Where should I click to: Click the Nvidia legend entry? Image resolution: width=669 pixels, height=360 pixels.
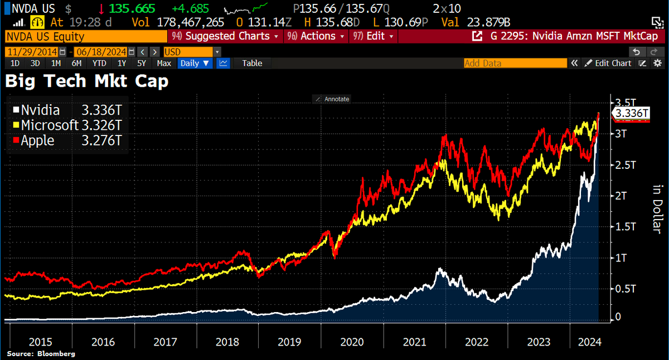coord(39,110)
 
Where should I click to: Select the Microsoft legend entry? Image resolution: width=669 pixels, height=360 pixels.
coord(50,125)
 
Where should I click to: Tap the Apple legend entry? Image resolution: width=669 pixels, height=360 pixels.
coord(37,140)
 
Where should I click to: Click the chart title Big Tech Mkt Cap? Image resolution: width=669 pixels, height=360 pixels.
coord(87,82)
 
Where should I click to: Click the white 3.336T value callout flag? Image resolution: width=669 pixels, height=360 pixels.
coord(631,114)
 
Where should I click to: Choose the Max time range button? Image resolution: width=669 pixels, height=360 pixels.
coord(164,63)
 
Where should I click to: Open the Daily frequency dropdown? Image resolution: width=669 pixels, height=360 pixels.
coord(195,63)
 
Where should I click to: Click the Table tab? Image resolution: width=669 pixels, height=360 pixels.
coord(252,63)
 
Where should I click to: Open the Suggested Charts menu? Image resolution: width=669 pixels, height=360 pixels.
coord(227,36)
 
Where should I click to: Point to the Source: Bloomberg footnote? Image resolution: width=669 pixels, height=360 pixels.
coord(41,354)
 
